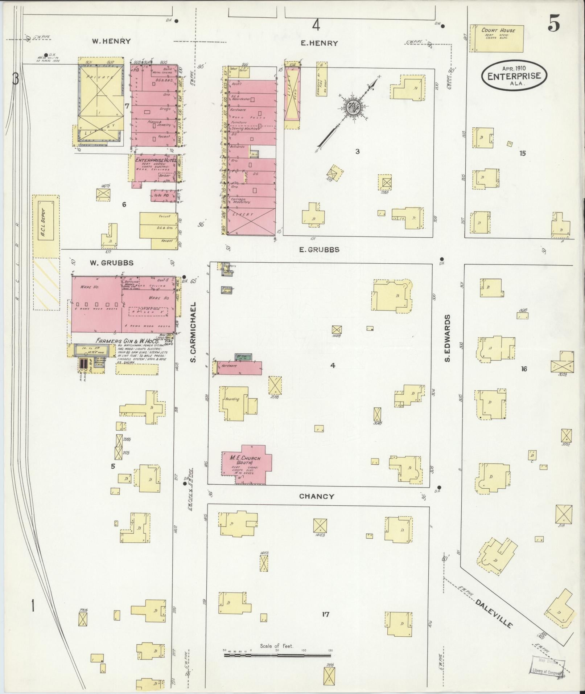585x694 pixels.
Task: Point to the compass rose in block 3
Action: tap(351, 107)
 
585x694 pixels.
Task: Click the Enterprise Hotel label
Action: tap(155, 160)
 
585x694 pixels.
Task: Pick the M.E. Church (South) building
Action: tap(246, 464)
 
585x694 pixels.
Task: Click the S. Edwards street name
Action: tap(448, 338)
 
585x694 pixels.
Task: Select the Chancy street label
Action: tap(317, 496)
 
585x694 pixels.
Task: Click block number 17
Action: tap(325, 614)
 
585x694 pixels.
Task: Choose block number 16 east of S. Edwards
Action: tap(524, 369)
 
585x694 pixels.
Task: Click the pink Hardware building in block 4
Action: tap(239, 368)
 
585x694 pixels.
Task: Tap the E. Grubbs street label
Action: tap(319, 250)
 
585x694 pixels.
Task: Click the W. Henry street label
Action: tap(111, 41)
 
